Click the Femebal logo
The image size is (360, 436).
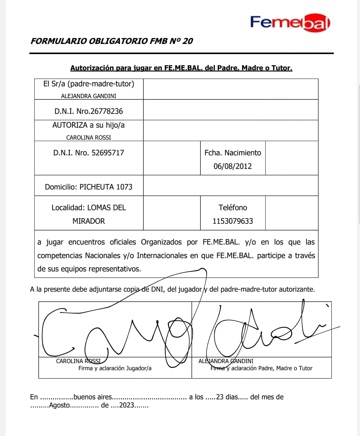[x=290, y=23]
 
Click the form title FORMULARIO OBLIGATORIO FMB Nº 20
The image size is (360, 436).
[x=111, y=41]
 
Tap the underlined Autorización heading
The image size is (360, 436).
[x=181, y=68]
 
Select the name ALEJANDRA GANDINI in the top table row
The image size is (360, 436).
[x=89, y=96]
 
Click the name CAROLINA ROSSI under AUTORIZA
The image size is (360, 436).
[x=89, y=137]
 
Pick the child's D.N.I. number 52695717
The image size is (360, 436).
[x=108, y=153]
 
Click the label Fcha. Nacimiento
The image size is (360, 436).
[x=233, y=153]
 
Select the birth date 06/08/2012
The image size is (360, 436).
[x=233, y=166]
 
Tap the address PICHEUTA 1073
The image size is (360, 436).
[x=106, y=187]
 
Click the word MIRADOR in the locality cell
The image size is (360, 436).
[x=89, y=221]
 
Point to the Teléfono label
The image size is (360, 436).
[x=233, y=208]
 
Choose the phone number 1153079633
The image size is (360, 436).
[x=233, y=221]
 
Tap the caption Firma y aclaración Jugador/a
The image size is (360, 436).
[x=115, y=368]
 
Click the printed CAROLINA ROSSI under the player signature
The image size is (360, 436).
[x=78, y=361]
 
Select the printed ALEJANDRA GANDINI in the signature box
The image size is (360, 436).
[x=226, y=361]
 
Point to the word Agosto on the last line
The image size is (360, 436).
[x=59, y=405]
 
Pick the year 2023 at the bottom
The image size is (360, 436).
[x=127, y=405]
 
